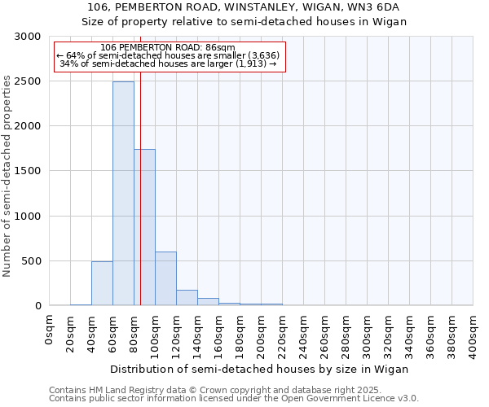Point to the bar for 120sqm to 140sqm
click(187, 298)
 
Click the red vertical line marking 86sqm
click(140, 179)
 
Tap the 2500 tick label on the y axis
click(27, 81)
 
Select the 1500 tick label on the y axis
click(27, 171)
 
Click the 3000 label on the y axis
click(27, 37)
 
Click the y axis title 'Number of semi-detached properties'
click(7, 175)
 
